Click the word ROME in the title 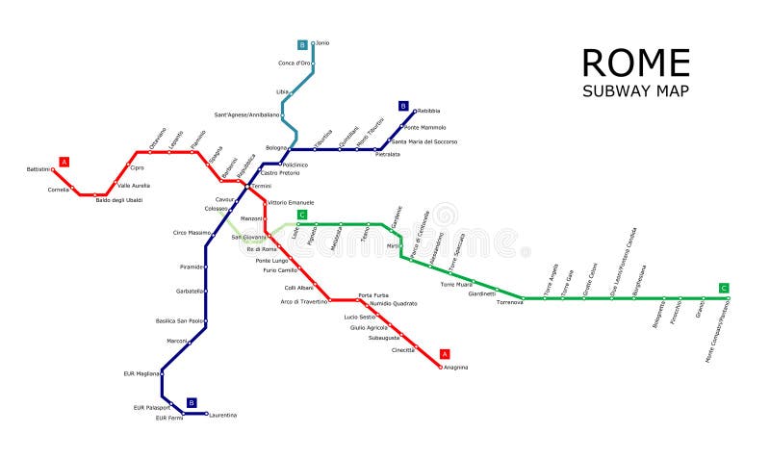coord(636,64)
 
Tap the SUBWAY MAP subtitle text coord(635,91)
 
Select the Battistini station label coord(38,169)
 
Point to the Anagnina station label coord(455,367)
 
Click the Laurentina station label coord(222,415)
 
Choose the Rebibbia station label coord(429,111)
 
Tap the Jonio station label coord(322,43)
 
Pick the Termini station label coord(260,186)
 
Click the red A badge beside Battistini coord(64,162)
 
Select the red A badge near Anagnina coord(444,353)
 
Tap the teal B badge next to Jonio coord(302,44)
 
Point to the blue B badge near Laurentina coord(192,403)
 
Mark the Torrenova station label coord(509,302)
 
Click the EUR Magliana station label coord(141,373)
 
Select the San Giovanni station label coord(248,237)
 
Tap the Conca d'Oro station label coord(295,64)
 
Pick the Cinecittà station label coord(403,349)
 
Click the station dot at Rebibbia coord(415,111)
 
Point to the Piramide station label coord(192,267)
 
